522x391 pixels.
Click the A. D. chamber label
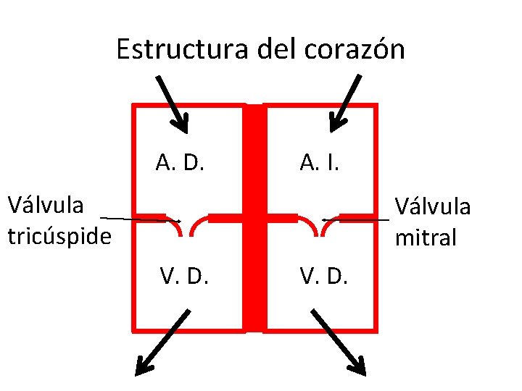point(181,163)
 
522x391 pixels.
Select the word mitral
point(426,237)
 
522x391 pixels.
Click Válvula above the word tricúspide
point(45,206)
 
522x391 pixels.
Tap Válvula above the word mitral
point(432,207)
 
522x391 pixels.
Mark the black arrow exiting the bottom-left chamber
point(163,343)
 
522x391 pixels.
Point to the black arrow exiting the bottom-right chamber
point(339,343)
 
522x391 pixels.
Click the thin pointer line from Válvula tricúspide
point(138,219)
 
